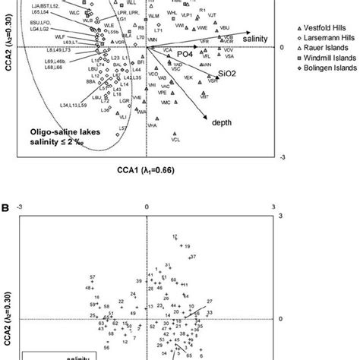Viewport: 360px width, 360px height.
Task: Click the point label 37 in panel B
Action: pyautogui.click(x=193, y=257)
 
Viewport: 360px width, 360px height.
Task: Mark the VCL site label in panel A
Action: pyautogui.click(x=175, y=141)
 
